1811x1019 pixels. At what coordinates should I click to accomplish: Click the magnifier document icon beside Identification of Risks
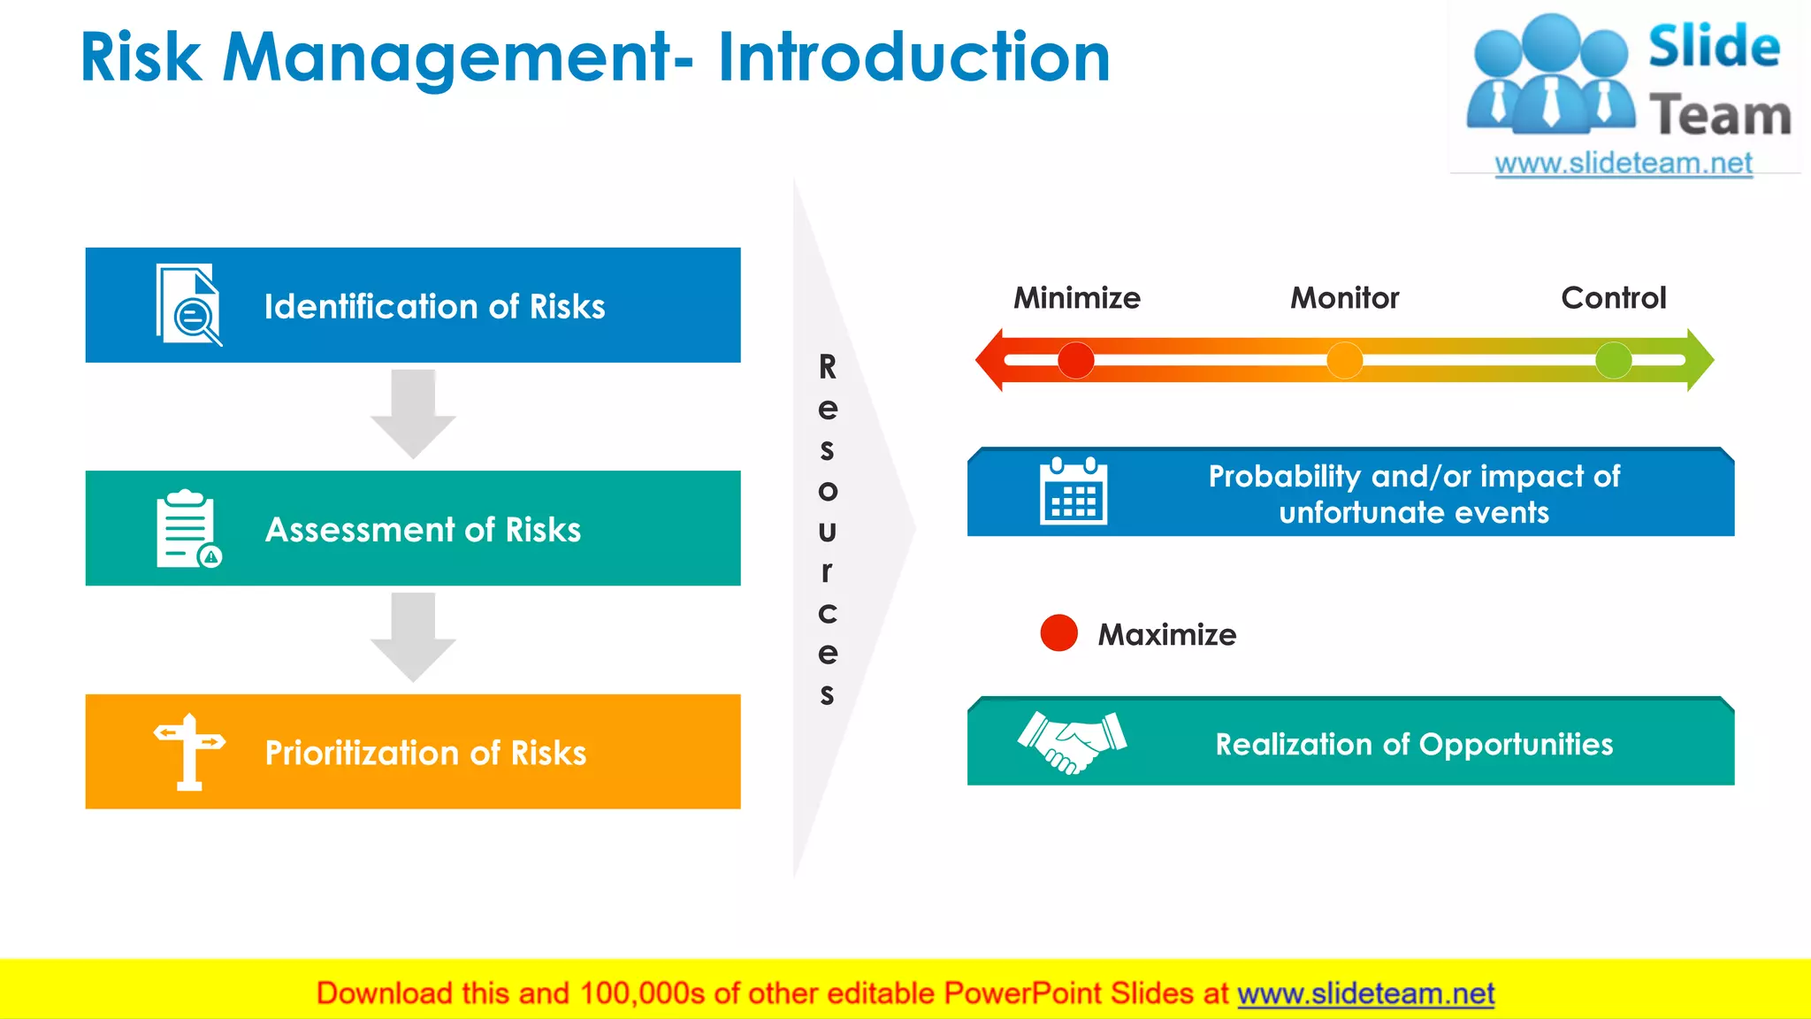coord(188,304)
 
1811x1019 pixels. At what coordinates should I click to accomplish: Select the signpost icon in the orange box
coord(188,752)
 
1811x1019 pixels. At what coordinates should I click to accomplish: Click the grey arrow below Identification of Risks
coord(413,412)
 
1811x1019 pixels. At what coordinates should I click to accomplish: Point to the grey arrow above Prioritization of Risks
coord(413,635)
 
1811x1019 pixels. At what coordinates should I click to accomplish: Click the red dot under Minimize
coord(1075,360)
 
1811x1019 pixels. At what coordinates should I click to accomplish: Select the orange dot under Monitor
coord(1344,360)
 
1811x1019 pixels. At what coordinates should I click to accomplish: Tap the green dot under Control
coord(1613,360)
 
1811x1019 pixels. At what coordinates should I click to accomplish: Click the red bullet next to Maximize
coord(1058,633)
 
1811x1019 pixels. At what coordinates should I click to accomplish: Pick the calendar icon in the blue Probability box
coord(1073,492)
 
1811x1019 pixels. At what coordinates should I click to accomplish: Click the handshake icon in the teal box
coord(1072,741)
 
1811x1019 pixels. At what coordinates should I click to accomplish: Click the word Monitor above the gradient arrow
coord(1344,298)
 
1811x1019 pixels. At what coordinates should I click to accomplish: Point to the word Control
coord(1613,298)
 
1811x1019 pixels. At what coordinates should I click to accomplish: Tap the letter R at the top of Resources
coord(827,366)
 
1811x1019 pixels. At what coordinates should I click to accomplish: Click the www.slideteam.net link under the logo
coord(1623,164)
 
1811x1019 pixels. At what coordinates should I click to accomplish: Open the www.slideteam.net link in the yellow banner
coord(1365,993)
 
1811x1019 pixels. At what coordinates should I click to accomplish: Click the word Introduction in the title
coord(913,58)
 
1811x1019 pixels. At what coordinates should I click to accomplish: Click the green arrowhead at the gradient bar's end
coord(1700,360)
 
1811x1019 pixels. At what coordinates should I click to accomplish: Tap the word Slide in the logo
coord(1713,46)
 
